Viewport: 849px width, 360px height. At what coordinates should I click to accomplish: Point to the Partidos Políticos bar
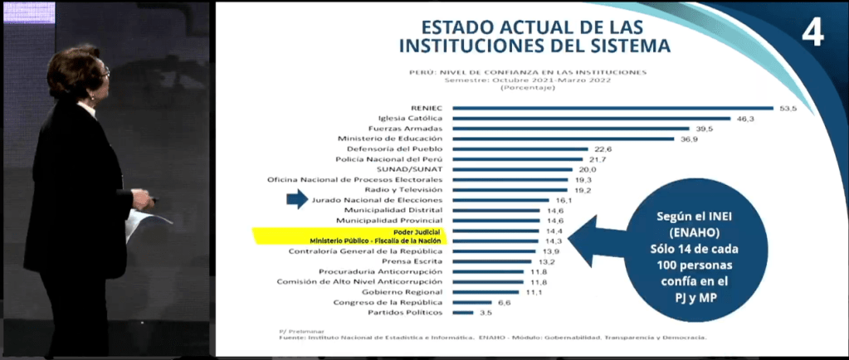(463, 313)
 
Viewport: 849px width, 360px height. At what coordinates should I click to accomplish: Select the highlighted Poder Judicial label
(423, 231)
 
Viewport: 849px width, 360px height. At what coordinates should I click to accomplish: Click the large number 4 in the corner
(812, 33)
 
